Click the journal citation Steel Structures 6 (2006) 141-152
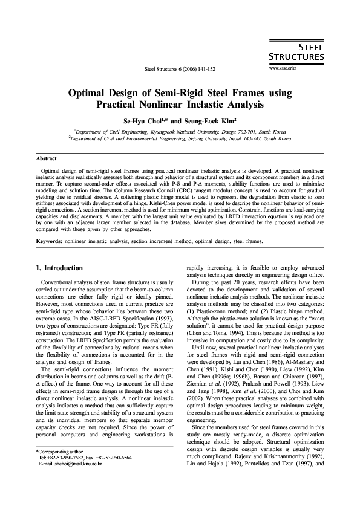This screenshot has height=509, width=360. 181,69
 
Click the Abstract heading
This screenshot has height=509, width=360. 47,158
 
